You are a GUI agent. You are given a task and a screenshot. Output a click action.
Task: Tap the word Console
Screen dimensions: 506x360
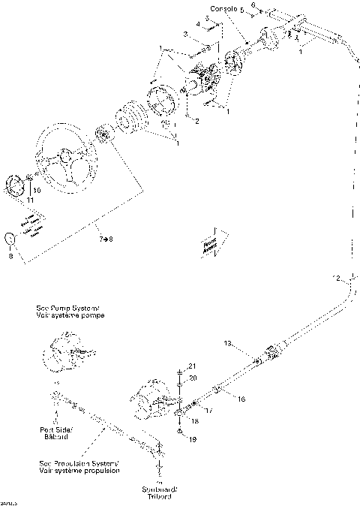coord(223,9)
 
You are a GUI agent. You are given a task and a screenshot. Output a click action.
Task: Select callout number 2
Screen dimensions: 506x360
coord(196,120)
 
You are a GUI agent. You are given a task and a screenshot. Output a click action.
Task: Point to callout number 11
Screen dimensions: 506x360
coord(30,201)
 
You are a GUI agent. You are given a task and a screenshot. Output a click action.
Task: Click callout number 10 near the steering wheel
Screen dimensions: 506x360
coord(37,191)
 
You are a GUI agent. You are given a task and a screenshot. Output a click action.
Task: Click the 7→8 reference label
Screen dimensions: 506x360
coord(105,239)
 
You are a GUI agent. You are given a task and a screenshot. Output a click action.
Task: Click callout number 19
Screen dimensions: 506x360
coord(191,438)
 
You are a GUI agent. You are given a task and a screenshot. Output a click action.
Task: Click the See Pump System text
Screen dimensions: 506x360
coord(70,312)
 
